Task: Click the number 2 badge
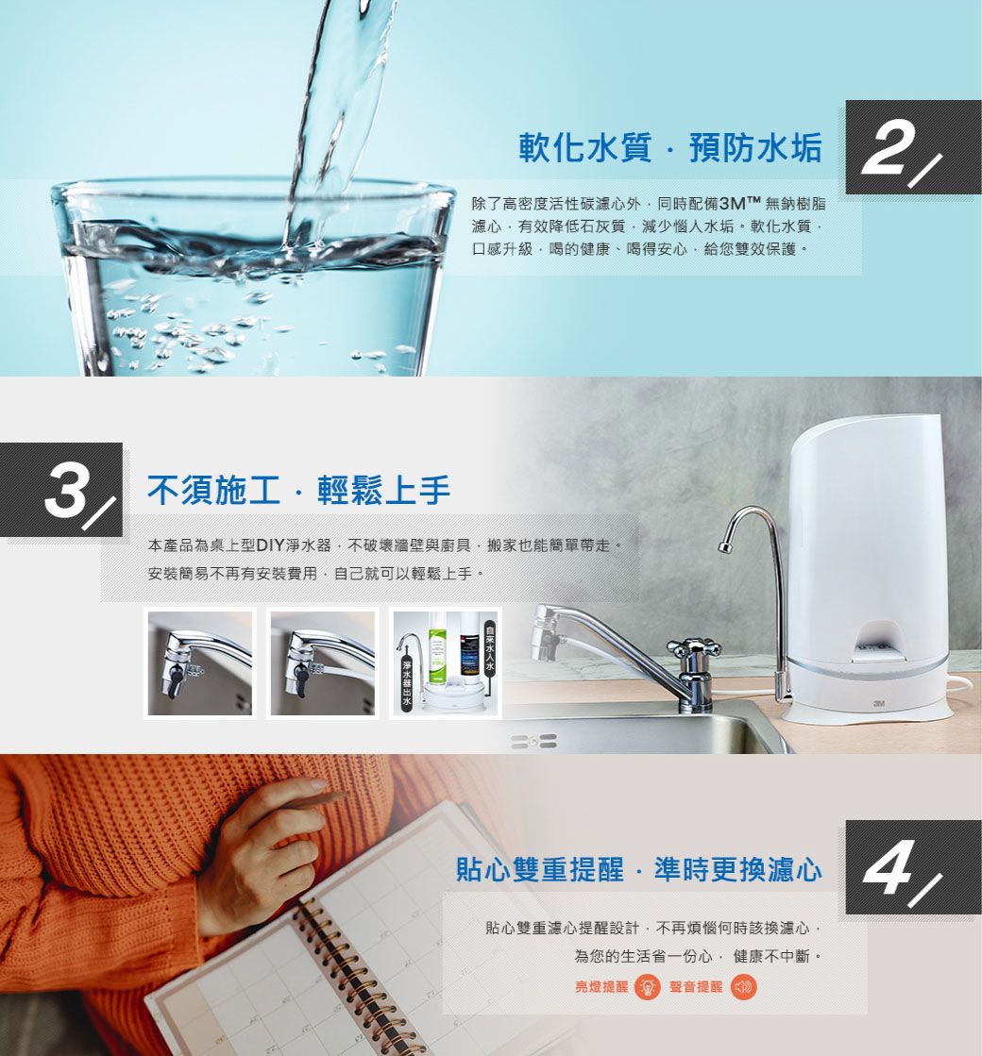912,147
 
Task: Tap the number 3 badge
65,490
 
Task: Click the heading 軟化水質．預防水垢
670,147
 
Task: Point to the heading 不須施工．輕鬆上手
298,489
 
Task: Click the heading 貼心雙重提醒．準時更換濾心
638,869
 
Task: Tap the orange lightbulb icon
648,987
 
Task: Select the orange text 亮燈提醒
602,987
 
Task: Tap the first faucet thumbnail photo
199,662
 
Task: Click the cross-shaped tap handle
694,648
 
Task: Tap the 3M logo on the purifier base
878,703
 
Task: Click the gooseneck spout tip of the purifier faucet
724,545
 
